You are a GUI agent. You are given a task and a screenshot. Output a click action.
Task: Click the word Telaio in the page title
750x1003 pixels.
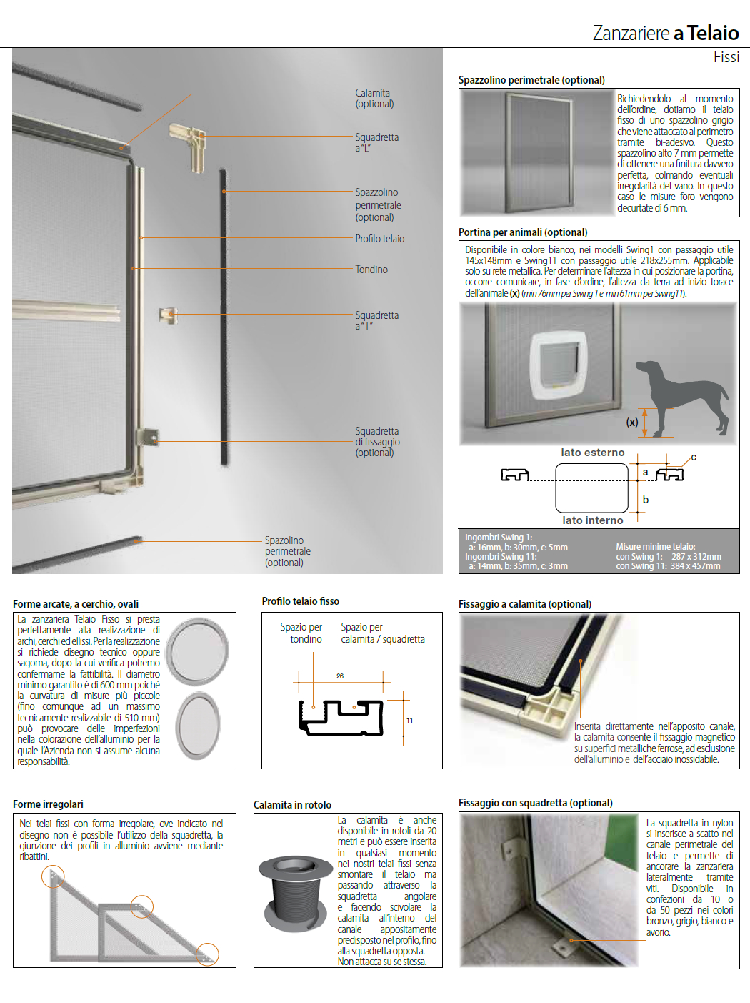click(713, 33)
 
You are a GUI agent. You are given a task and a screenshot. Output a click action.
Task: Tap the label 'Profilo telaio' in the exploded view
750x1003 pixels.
click(379, 239)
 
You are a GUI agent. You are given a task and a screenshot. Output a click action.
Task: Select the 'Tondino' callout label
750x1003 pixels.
click(371, 270)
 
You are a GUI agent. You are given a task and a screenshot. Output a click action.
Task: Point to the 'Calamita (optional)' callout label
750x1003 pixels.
click(374, 98)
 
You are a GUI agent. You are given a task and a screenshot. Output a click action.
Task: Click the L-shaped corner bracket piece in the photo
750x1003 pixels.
click(188, 144)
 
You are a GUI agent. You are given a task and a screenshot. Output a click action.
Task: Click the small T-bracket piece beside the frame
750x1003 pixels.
click(167, 315)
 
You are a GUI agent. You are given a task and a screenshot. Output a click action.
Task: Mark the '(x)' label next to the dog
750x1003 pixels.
click(632, 423)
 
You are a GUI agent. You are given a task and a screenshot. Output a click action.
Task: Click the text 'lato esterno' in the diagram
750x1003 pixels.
click(592, 453)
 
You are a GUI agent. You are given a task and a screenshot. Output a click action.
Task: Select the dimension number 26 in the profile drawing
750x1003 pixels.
click(340, 676)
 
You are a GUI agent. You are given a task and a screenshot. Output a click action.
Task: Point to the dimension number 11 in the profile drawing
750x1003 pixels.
click(409, 720)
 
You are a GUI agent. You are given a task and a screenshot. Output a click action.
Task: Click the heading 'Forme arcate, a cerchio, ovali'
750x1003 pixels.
click(76, 604)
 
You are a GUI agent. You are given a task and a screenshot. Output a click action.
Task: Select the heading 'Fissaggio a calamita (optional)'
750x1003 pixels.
click(524, 604)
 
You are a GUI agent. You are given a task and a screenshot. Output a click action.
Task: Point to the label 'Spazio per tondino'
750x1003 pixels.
click(301, 633)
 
